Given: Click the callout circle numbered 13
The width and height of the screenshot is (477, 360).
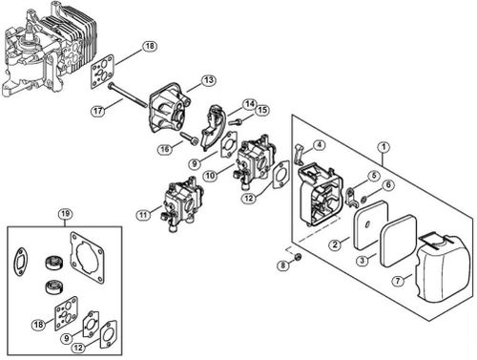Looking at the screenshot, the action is (209, 80).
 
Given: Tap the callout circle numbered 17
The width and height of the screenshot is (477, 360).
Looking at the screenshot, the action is (98, 111).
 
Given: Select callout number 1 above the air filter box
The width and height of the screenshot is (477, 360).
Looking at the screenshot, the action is (384, 147).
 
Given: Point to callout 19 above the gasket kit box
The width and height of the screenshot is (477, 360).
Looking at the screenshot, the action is (65, 214).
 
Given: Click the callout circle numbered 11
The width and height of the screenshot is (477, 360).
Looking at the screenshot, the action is (143, 215).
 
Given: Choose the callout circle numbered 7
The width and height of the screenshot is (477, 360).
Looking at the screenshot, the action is (398, 281).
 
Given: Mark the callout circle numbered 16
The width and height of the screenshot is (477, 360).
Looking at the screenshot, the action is (165, 149).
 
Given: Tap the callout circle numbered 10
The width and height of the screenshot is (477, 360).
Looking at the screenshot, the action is (210, 176).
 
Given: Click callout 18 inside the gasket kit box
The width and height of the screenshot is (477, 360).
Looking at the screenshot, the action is (38, 325).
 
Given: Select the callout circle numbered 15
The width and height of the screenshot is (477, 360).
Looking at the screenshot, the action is (262, 110).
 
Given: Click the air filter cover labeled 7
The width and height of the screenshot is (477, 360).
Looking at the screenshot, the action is (443, 267).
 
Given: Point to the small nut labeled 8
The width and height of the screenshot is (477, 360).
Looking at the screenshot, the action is (298, 257).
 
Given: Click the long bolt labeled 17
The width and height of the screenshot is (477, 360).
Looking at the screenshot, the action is (127, 95).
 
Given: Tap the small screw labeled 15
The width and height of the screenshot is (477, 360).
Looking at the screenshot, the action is (236, 121).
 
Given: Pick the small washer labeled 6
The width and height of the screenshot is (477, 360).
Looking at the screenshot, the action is (363, 200).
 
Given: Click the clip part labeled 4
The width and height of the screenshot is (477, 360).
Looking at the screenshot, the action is (299, 154).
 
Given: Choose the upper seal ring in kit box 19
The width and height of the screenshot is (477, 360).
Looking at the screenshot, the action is (53, 262).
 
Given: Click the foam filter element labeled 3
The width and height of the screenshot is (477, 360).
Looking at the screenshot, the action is (399, 241).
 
